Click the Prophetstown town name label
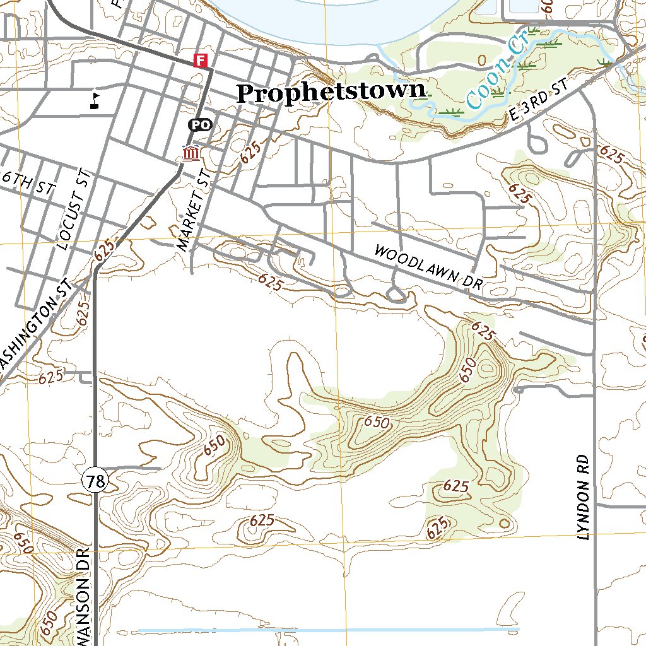331,93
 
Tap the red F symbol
201,61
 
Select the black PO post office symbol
200,125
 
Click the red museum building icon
191,153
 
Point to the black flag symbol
95,100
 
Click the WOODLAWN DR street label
428,267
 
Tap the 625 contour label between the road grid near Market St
250,153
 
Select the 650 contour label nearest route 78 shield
214,446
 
